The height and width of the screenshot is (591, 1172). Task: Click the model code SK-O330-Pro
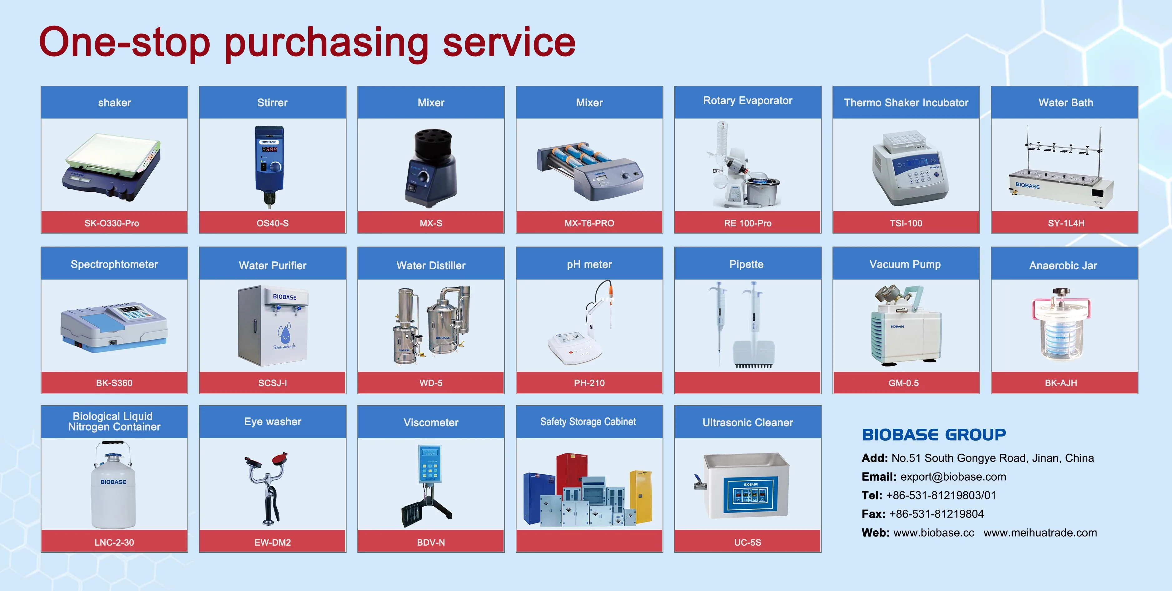pyautogui.click(x=112, y=223)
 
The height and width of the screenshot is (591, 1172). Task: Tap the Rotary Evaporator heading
pyautogui.click(x=747, y=101)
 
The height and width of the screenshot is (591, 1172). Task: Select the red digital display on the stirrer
pyautogui.click(x=269, y=149)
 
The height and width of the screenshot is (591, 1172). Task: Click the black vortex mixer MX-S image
pyautogui.click(x=430, y=168)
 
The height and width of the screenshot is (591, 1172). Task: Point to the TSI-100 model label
pyautogui.click(x=906, y=223)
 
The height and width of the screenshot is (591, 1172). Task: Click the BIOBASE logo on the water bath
pyautogui.click(x=1027, y=186)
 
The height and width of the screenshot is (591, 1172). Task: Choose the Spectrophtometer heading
pyautogui.click(x=114, y=265)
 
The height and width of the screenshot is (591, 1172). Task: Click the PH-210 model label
pyautogui.click(x=589, y=383)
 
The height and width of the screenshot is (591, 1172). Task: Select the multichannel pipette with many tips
pyautogui.click(x=753, y=325)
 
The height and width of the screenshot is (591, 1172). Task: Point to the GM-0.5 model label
pyautogui.click(x=904, y=383)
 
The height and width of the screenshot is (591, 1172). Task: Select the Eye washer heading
pyautogui.click(x=272, y=422)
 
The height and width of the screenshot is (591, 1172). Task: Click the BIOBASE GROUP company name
pyautogui.click(x=934, y=435)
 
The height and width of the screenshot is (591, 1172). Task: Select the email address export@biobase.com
pyautogui.click(x=953, y=477)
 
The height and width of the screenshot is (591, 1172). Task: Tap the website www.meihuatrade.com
pyautogui.click(x=1040, y=533)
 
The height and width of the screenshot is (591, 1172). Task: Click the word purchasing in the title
pyautogui.click(x=327, y=44)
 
